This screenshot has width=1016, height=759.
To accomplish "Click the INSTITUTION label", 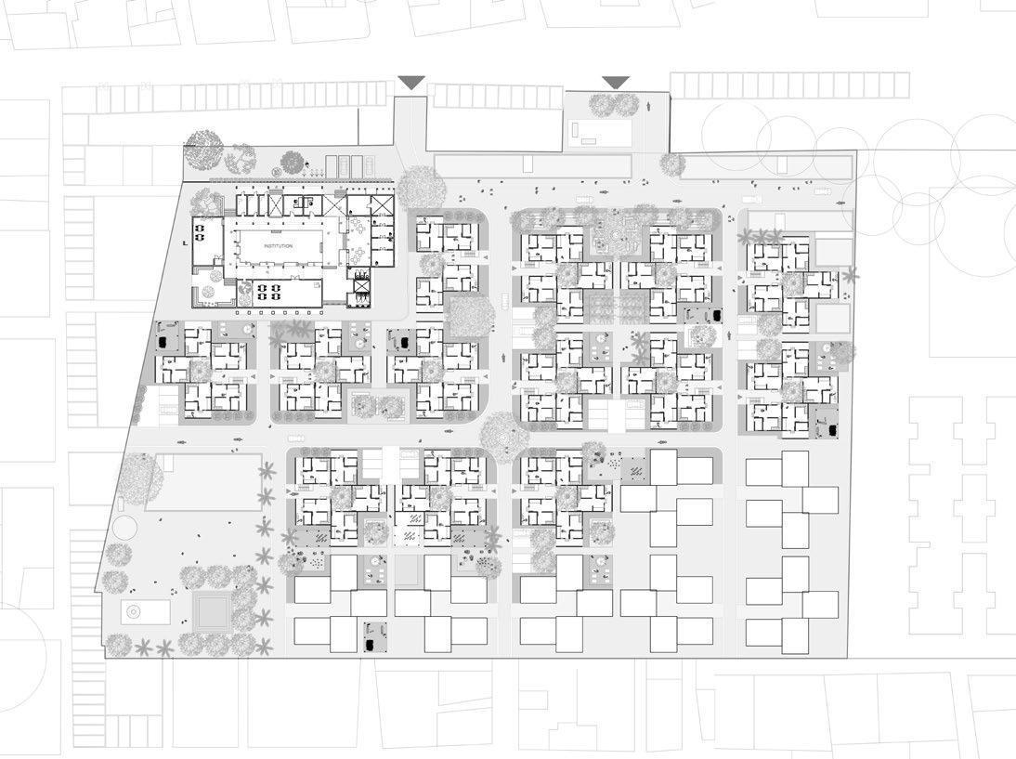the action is coord(278,246).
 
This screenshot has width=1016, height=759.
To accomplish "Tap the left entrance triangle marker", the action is coord(411,83).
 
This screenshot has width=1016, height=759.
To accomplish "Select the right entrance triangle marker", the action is coord(615,83).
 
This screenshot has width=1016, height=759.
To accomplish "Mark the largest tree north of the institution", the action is coord(204,149).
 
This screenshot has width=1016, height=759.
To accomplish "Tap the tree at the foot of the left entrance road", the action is coord(423,187).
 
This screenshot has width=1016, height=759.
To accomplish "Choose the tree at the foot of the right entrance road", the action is coord(671,165).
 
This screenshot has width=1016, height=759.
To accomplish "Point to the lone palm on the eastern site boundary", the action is coord(851,275).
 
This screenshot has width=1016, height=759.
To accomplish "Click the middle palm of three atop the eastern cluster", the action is coord(764,236).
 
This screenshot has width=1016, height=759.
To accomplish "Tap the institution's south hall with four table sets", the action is coord(268,294).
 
